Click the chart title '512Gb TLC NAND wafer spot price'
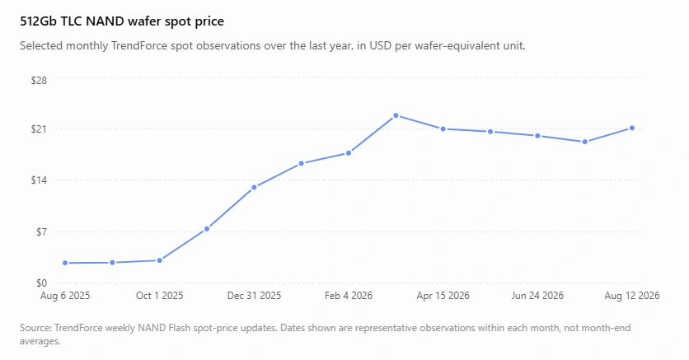pyautogui.click(x=122, y=21)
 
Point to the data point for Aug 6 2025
pyautogui.click(x=65, y=263)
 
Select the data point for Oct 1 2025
pyautogui.click(x=160, y=260)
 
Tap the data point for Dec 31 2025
pyautogui.click(x=254, y=188)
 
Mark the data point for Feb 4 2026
pyautogui.click(x=349, y=153)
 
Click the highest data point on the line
pyautogui.click(x=396, y=115)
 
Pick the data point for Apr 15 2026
pyautogui.click(x=443, y=129)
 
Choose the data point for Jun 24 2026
pyautogui.click(x=537, y=136)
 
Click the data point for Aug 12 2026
pyautogui.click(x=632, y=129)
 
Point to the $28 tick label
pyautogui.click(x=39, y=81)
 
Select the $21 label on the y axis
pyautogui.click(x=39, y=129)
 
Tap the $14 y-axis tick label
pyautogui.click(x=39, y=180)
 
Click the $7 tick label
pyautogui.click(x=41, y=231)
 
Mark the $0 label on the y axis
pyautogui.click(x=41, y=283)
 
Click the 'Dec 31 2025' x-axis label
pyautogui.click(x=254, y=296)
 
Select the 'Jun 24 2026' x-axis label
pyautogui.click(x=537, y=296)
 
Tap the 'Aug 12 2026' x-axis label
pyautogui.click(x=632, y=296)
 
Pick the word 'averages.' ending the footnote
pyautogui.click(x=40, y=341)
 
